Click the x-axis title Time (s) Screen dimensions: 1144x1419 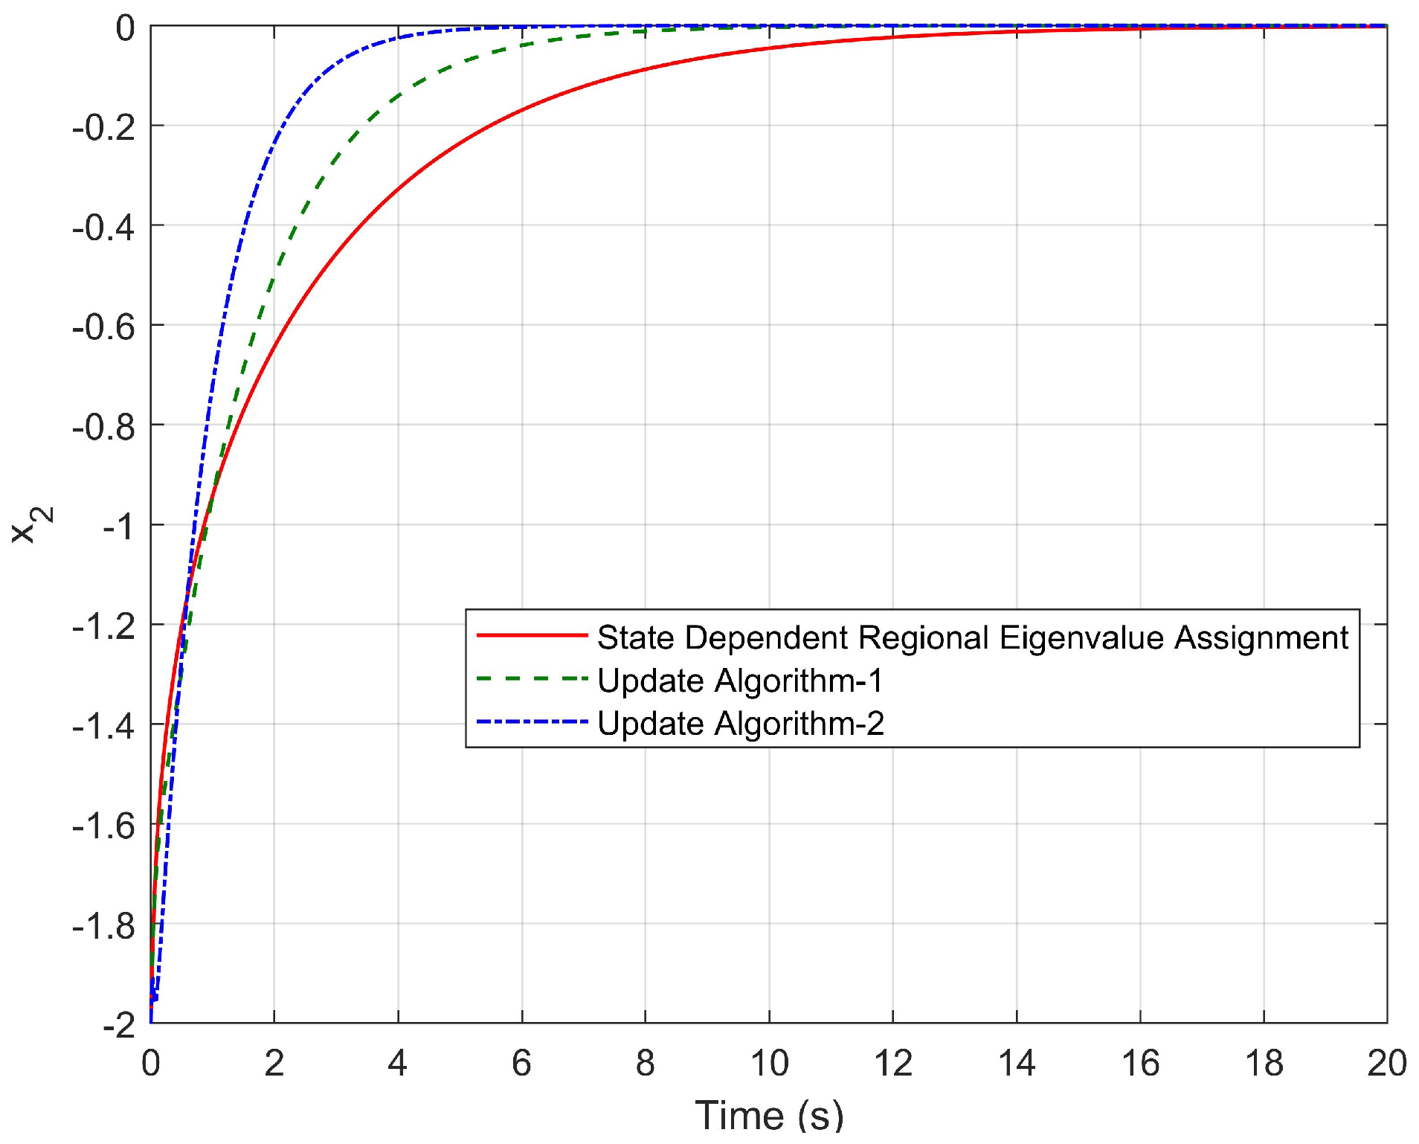tap(769, 1116)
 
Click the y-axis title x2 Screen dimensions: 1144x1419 tap(32, 524)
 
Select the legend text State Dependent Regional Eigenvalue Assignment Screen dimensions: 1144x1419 tap(972, 637)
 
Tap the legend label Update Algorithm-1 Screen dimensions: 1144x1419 tap(740, 681)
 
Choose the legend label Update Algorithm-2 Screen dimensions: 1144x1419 tap(741, 724)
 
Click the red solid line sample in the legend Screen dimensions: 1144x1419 tap(532, 635)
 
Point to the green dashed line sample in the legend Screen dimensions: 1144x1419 tap(532, 678)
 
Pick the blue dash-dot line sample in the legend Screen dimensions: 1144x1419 tap(532, 722)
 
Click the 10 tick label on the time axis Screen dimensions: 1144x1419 tap(769, 1064)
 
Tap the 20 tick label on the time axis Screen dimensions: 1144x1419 tap(1386, 1064)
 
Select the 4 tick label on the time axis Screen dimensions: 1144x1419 tap(398, 1064)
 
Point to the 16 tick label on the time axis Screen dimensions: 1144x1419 tap(1139, 1064)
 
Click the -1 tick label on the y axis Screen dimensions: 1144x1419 tap(118, 527)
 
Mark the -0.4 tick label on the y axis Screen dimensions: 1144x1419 tap(104, 227)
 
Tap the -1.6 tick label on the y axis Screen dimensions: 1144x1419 tap(104, 826)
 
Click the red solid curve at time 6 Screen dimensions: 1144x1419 tap(522, 110)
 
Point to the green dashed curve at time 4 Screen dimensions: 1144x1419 tap(398, 96)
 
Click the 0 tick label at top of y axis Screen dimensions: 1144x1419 tap(126, 28)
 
